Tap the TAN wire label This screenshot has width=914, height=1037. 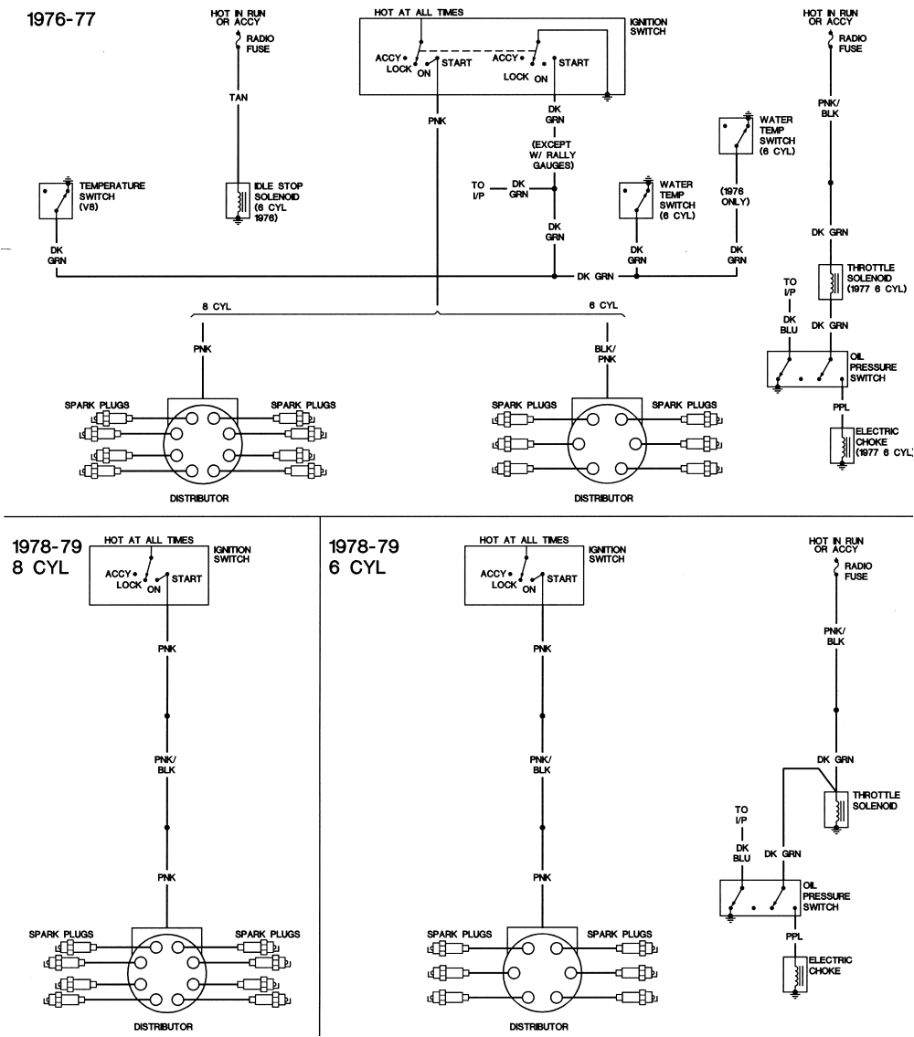click(238, 97)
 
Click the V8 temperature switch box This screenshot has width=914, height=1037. click(56, 199)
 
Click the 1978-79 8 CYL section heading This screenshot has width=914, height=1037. click(48, 556)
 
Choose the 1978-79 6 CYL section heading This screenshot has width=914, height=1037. click(363, 556)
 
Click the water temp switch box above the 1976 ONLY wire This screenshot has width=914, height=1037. click(735, 133)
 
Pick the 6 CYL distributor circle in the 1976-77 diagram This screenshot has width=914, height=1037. click(603, 446)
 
